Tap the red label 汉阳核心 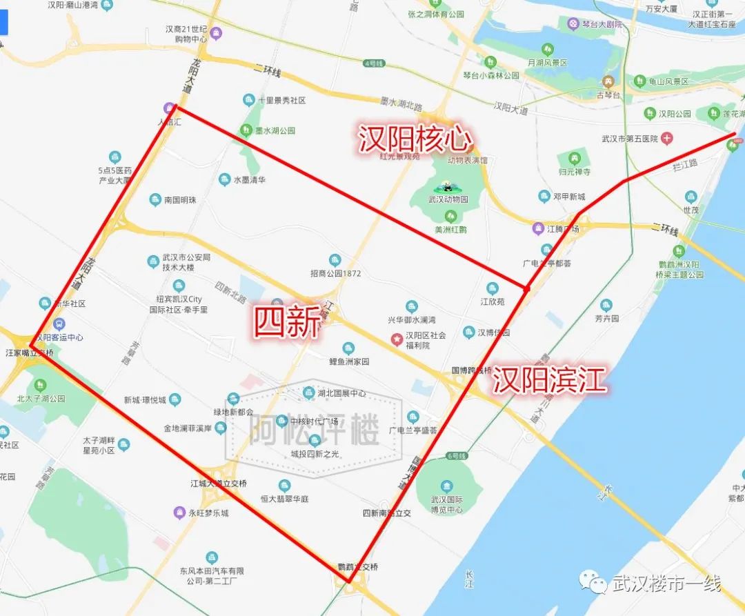coord(415,139)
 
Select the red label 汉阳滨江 coord(549,380)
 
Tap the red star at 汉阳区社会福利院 coord(397,339)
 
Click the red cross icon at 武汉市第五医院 coord(666,139)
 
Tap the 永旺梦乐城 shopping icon coord(179,513)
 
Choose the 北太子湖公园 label coord(41,398)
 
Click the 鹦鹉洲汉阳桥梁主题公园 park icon coord(679,251)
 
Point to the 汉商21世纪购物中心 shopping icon coord(217,32)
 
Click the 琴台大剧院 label coord(602,24)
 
